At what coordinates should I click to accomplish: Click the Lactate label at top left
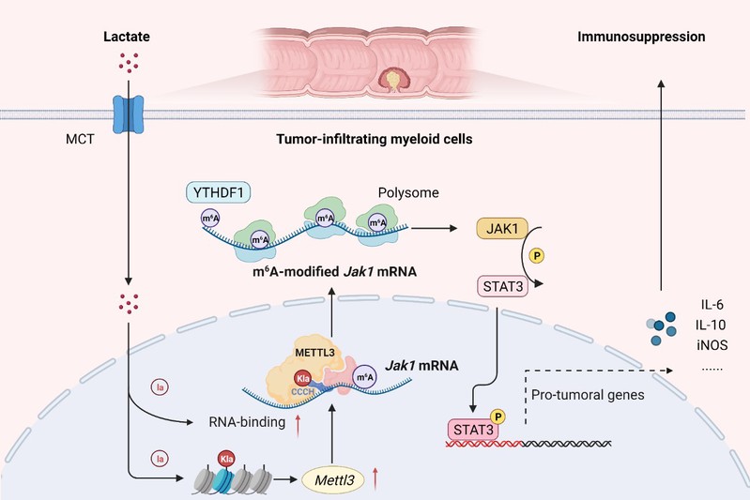(126, 38)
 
